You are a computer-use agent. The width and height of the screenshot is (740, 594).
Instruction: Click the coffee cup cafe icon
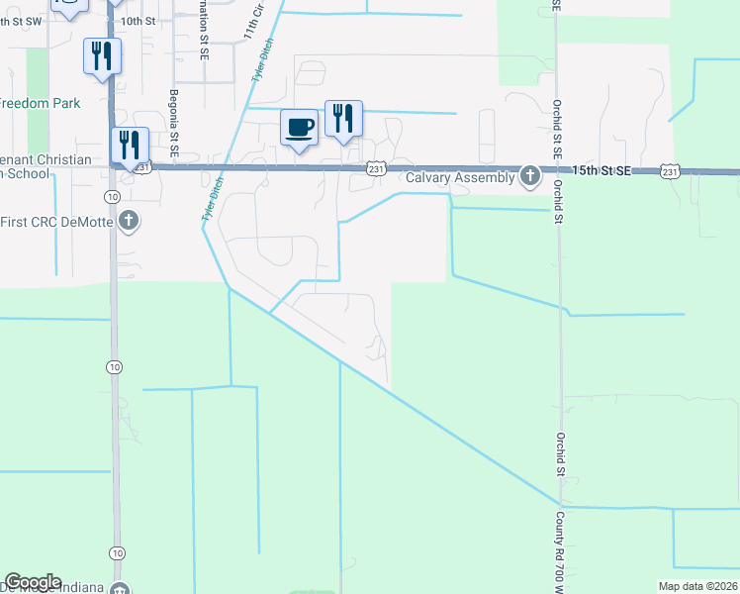(299, 128)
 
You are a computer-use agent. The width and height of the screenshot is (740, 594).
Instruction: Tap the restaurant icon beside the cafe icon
(343, 119)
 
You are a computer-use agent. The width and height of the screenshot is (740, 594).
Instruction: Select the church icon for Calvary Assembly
(530, 177)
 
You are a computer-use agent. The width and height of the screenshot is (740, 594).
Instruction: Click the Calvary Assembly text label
(461, 178)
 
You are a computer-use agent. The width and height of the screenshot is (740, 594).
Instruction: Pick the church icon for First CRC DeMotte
(129, 220)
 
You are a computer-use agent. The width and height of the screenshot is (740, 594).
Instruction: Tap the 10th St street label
(139, 21)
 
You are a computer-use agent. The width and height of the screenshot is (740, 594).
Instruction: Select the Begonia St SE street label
(173, 124)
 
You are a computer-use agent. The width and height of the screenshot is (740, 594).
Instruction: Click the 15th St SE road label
(601, 170)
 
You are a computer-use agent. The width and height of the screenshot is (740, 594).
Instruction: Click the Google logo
(33, 582)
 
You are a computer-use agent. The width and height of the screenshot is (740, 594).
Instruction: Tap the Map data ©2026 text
(697, 586)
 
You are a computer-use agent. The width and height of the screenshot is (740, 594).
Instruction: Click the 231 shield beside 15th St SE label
(670, 171)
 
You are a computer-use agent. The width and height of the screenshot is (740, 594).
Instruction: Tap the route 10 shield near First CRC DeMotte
(115, 366)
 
